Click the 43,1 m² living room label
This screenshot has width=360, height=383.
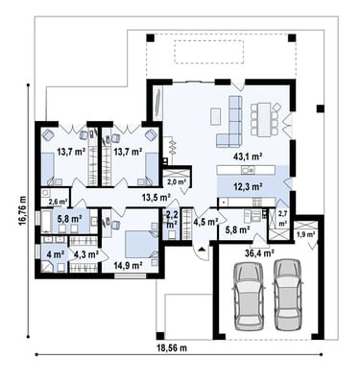[x=249, y=156]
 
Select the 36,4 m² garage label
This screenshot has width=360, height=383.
[x=259, y=253]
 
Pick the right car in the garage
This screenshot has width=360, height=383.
[x=288, y=295]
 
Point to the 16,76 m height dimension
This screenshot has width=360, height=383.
[x=22, y=210]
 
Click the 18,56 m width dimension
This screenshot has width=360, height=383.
[x=172, y=347]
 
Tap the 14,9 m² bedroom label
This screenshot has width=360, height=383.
[x=128, y=265]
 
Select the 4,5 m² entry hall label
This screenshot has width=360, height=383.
[x=205, y=222]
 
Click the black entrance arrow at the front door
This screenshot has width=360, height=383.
[x=202, y=250]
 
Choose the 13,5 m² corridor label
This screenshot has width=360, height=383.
[x=156, y=198]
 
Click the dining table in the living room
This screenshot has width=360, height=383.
[x=265, y=119]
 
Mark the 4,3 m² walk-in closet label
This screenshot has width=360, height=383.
[x=86, y=254]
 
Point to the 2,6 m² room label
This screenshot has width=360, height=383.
[x=58, y=202]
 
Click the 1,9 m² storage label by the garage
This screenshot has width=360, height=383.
[x=305, y=234]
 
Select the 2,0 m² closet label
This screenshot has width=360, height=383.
[x=177, y=182]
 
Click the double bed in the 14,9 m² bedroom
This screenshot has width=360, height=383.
[x=141, y=244]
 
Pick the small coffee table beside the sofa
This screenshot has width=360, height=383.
[x=215, y=116]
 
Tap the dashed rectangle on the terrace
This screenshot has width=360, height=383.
[x=208, y=52]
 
